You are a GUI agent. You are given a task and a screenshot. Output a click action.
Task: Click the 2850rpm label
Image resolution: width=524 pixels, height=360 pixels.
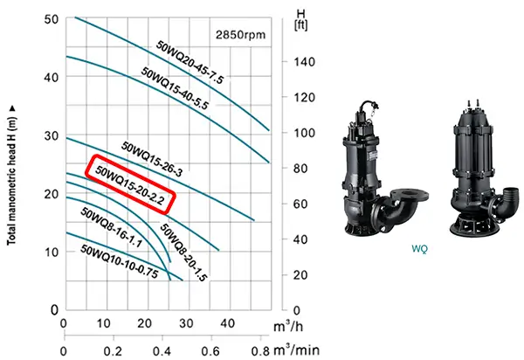coord(240,35)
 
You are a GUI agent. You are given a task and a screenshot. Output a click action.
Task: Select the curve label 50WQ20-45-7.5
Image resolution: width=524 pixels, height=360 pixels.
coord(190,62)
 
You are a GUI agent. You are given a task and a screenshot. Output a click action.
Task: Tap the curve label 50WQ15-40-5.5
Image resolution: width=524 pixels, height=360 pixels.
coord(175,88)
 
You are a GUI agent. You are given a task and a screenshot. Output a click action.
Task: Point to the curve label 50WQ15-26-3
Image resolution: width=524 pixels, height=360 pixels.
coord(152,159)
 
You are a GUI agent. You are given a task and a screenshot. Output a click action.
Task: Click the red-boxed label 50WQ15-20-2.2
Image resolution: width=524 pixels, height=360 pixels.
coord(130,185)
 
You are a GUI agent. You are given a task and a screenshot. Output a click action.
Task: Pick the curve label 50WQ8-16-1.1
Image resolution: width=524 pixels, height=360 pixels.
coord(111,228)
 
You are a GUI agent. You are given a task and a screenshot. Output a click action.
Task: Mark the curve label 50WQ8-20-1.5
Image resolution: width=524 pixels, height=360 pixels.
coord(183,253)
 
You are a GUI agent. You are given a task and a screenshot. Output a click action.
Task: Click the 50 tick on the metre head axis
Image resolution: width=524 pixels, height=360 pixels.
coord(52,19)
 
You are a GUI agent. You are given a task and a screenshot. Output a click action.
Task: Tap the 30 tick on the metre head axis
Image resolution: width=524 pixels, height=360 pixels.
coord(52,136)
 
